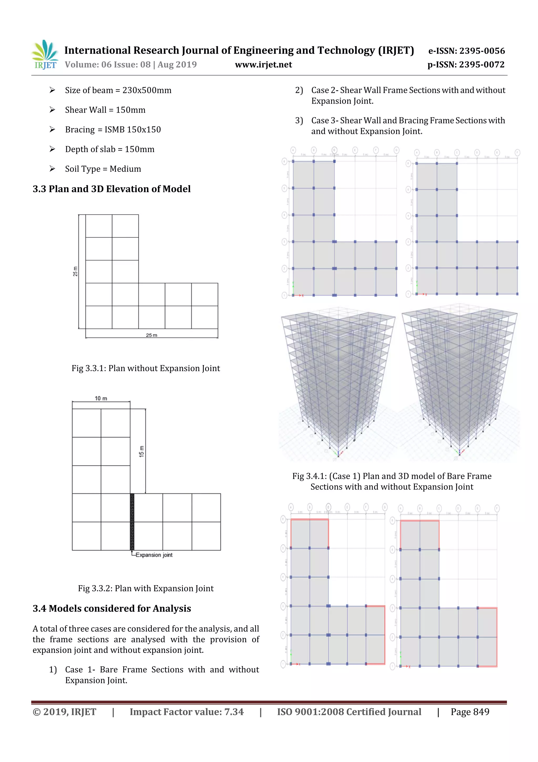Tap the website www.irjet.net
click(263, 65)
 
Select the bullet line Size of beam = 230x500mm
click(118, 90)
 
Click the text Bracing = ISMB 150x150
click(113, 129)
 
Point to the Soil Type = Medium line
click(103, 169)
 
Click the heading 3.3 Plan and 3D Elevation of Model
click(111, 189)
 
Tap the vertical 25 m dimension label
click(75, 271)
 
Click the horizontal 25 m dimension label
click(152, 335)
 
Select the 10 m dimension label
click(101, 398)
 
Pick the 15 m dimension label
click(142, 452)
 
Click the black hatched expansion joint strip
click(132, 522)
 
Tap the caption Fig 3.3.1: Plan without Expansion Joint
click(146, 369)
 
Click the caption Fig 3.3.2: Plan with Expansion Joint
click(146, 588)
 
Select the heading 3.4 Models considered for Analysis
click(112, 608)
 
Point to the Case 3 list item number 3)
click(299, 120)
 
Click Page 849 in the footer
click(470, 712)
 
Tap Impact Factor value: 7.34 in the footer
click(186, 712)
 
